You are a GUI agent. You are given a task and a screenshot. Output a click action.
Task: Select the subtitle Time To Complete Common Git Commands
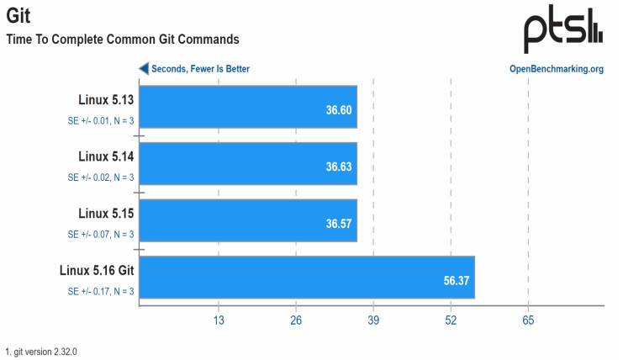tap(123, 39)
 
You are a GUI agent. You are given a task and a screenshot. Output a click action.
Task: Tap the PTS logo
tap(562, 31)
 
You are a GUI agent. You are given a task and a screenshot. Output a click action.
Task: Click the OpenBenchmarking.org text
tap(556, 69)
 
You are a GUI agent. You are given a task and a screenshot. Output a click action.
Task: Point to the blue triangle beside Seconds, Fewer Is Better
tap(144, 69)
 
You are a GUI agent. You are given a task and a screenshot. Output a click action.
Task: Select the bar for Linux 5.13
tap(248, 107)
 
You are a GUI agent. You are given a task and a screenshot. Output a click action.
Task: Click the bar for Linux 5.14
tap(248, 163)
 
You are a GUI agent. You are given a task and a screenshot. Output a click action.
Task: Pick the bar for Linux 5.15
tap(248, 220)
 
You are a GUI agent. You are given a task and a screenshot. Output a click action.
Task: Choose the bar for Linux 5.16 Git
tap(307, 277)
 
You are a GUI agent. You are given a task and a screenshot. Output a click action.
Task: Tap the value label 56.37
tap(456, 280)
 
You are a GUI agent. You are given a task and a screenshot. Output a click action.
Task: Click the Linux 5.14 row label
tap(106, 156)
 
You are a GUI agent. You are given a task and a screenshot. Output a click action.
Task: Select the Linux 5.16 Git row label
tap(97, 270)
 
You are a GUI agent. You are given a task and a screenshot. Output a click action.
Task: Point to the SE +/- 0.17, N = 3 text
tap(101, 291)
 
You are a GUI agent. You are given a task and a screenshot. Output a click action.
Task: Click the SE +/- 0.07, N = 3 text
tap(101, 235)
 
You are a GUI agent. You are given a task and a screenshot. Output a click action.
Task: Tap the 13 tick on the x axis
tap(218, 320)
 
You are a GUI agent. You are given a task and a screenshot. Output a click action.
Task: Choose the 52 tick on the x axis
tap(451, 320)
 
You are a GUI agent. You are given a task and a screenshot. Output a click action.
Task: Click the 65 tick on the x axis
tap(528, 320)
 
